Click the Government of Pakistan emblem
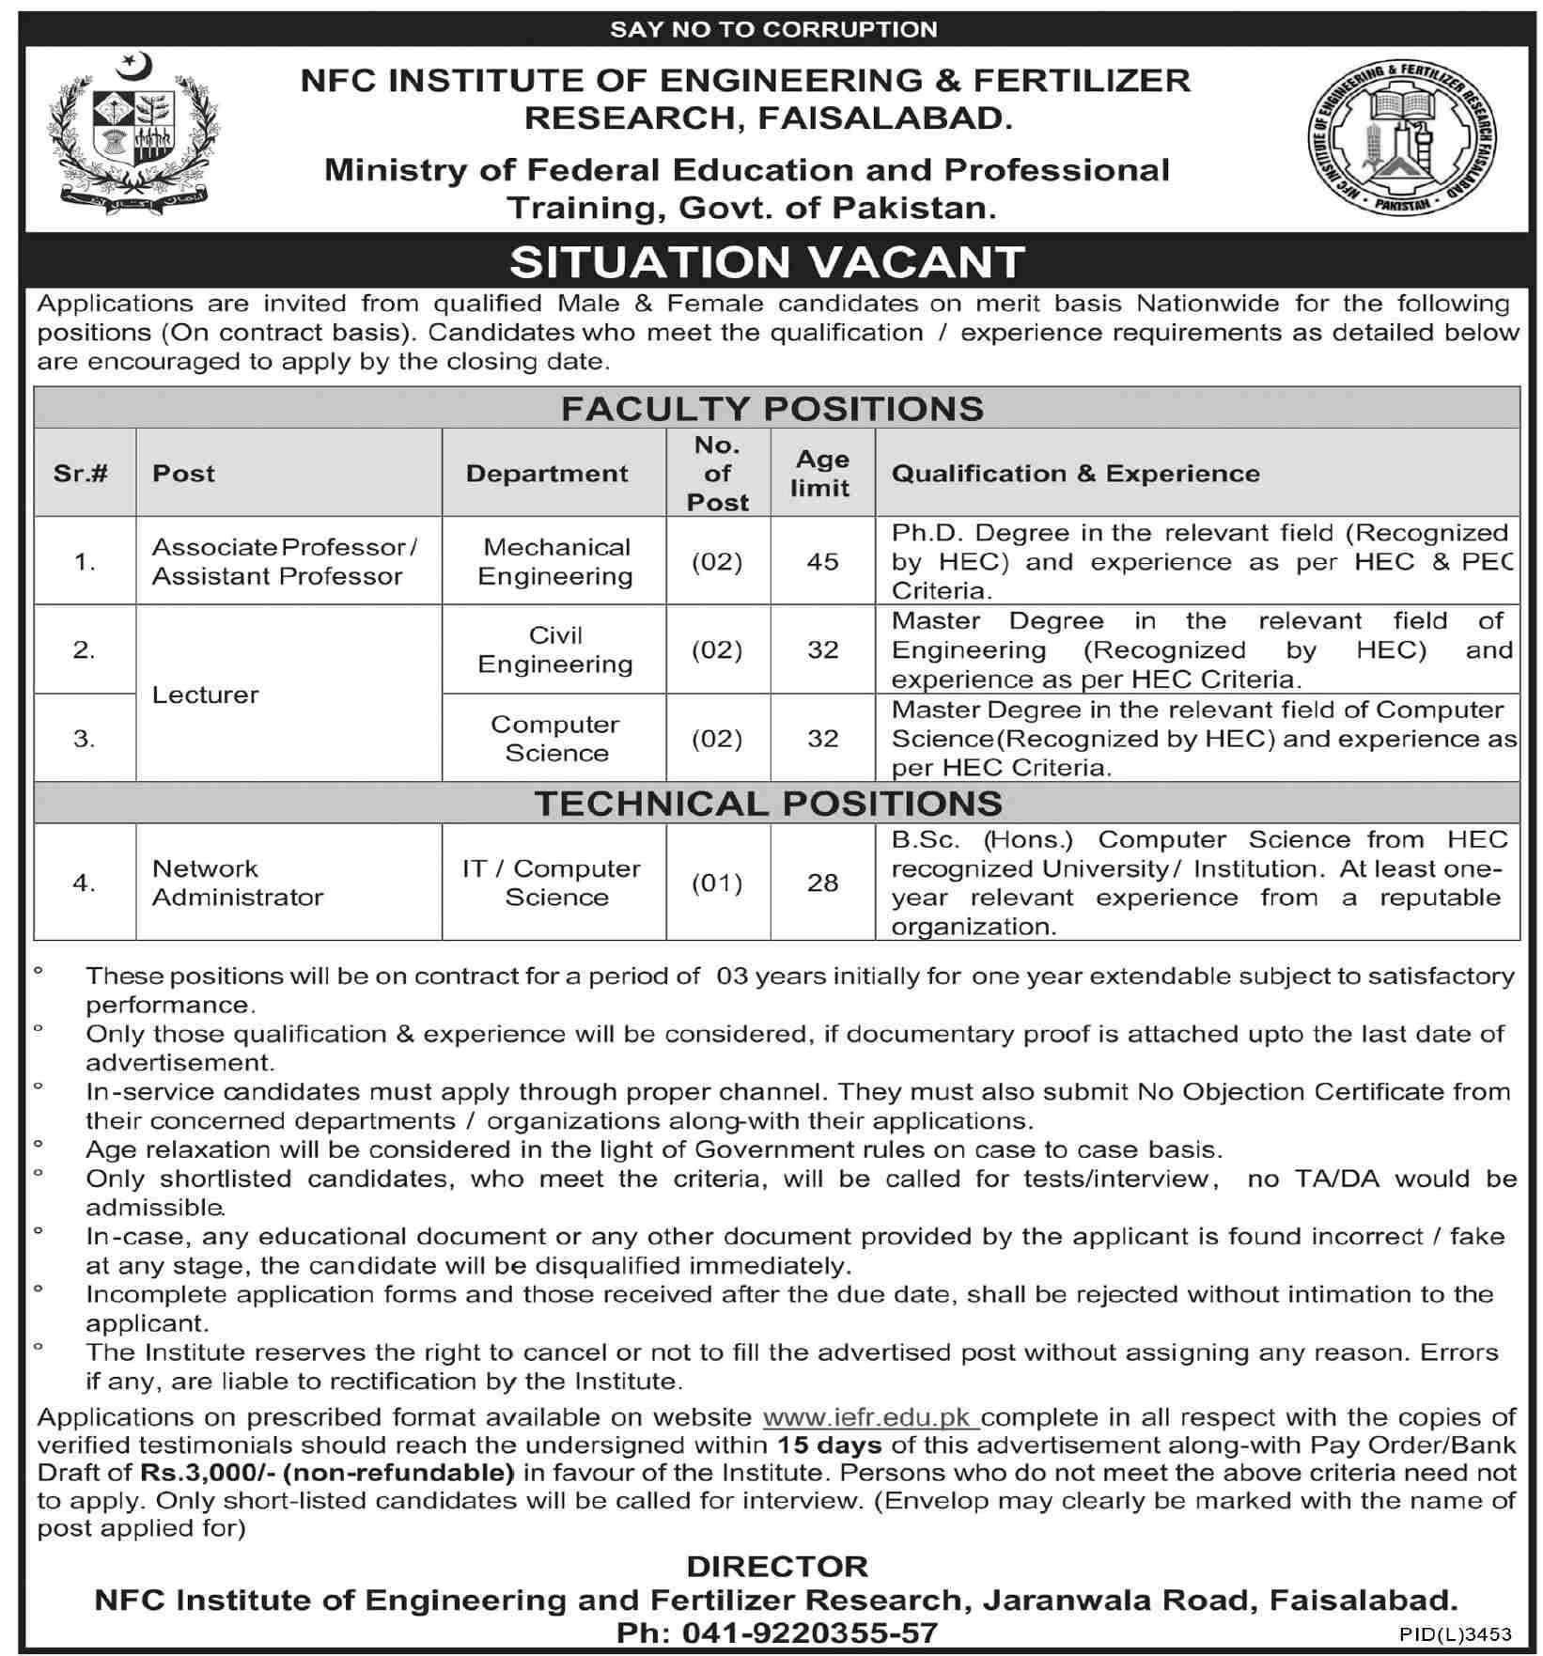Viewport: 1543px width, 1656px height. click(x=133, y=133)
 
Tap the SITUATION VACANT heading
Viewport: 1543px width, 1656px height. click(x=767, y=261)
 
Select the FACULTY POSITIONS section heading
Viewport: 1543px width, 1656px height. click(x=772, y=408)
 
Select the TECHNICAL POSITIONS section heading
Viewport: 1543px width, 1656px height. click(x=769, y=804)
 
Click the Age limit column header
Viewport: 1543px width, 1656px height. click(x=821, y=473)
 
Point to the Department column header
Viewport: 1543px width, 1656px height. click(x=547, y=473)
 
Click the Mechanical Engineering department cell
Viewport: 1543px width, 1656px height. click(x=555, y=561)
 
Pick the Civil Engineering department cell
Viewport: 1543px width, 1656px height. click(x=555, y=649)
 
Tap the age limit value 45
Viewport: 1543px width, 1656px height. click(x=822, y=561)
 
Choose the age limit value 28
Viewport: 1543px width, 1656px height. click(x=822, y=883)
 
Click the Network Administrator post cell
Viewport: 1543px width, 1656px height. click(x=238, y=883)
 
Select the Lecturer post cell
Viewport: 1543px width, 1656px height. click(x=206, y=695)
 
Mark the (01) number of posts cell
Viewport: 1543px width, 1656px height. click(x=717, y=883)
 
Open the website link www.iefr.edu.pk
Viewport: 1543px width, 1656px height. click(x=870, y=1417)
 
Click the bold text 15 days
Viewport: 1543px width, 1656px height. click(x=830, y=1445)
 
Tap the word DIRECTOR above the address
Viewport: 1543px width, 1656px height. click(x=777, y=1567)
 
